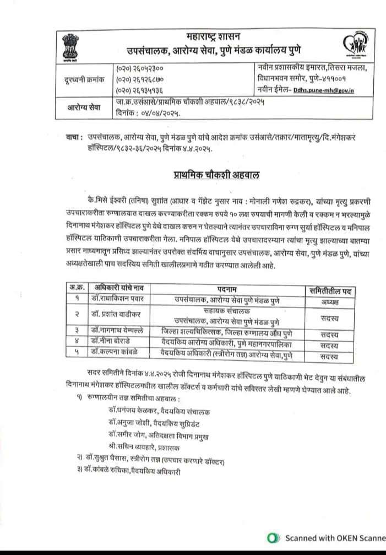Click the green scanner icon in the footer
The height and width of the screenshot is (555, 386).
coord(270,537)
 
